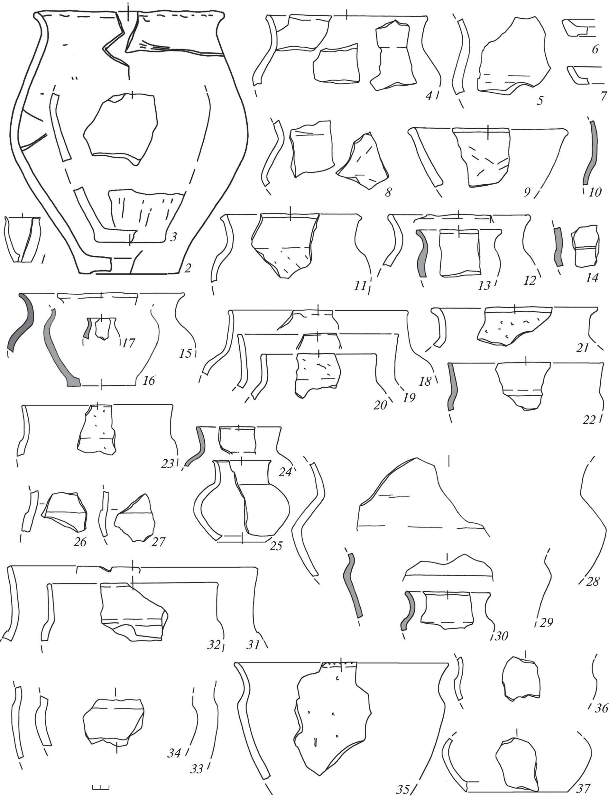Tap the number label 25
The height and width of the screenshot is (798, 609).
[x=276, y=546]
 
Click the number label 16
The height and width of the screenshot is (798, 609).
[x=149, y=380]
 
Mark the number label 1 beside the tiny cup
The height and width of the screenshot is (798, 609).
[x=43, y=260]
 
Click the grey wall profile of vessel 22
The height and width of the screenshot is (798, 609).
[x=452, y=387]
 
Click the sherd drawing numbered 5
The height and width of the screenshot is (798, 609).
[x=514, y=57]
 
